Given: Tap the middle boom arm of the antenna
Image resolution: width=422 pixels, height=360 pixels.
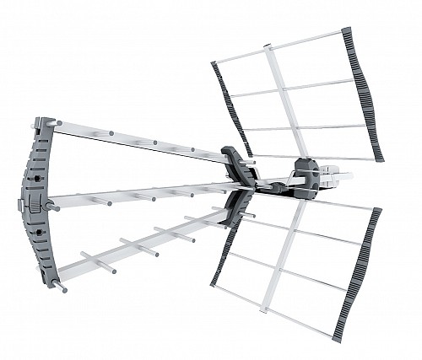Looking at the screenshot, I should pyautogui.click(x=143, y=195).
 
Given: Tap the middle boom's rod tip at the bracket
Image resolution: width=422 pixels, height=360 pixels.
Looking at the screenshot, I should pyautogui.click(x=53, y=204).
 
